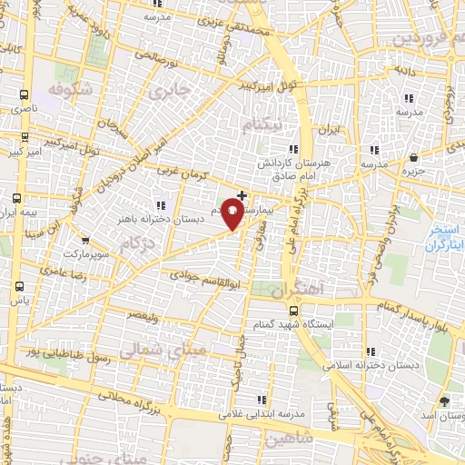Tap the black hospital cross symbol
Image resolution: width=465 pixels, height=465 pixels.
coord(242,195)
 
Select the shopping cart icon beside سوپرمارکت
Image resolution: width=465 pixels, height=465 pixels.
coord(84,241)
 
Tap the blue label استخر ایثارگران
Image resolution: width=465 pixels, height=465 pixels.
coord(445,238)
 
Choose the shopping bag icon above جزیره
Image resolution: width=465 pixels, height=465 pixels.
coord(414,156)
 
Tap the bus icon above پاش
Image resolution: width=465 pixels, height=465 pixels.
coord(19,285)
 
